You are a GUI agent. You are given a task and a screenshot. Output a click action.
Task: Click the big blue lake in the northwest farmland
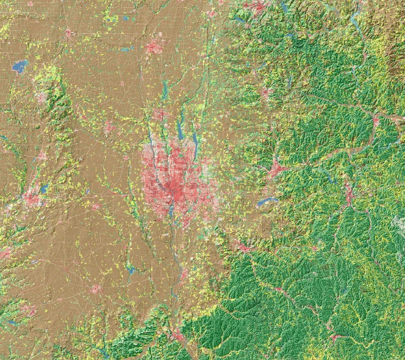(20, 66)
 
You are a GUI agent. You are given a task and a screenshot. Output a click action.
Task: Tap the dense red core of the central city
(175, 190)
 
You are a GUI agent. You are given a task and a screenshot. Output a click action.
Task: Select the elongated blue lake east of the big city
(267, 202)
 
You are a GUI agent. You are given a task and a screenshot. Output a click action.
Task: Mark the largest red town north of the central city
(154, 48)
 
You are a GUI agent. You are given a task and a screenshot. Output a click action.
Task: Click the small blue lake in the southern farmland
(131, 270)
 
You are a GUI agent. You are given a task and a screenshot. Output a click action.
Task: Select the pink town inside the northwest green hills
(42, 98)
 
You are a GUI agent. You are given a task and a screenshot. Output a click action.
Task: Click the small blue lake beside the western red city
(45, 188)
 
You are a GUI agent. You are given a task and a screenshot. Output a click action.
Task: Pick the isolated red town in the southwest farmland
(95, 289)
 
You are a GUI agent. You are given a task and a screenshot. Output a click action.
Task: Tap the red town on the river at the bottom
(178, 335)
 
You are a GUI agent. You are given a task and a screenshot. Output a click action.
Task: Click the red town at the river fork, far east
(376, 121)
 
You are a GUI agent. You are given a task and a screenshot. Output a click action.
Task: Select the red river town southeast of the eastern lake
(348, 192)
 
